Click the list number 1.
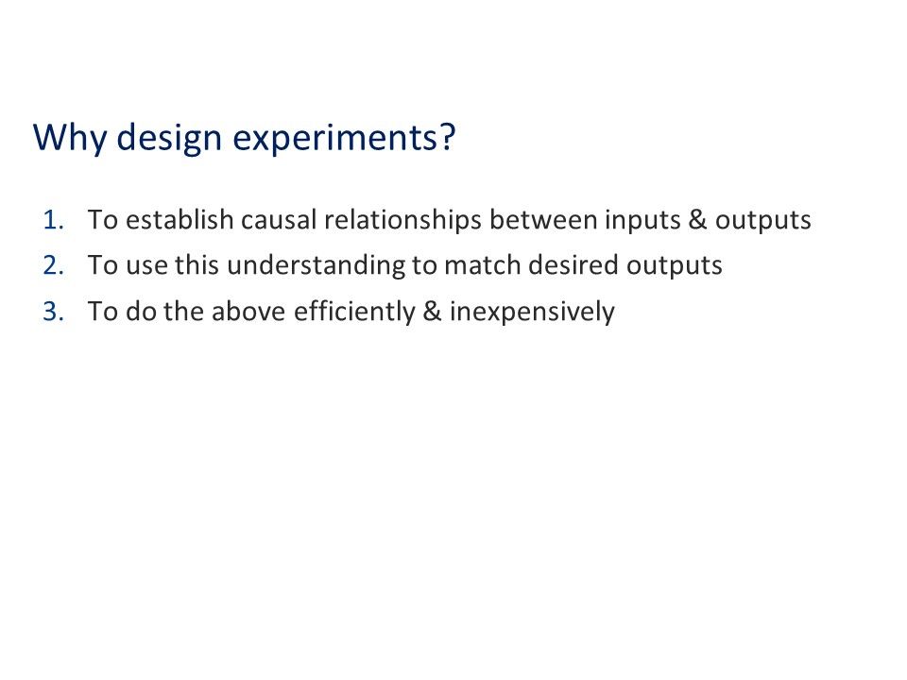pyautogui.click(x=54, y=221)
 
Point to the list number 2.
pyautogui.click(x=54, y=266)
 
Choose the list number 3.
pyautogui.click(x=54, y=312)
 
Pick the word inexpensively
pyautogui.click(x=532, y=312)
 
